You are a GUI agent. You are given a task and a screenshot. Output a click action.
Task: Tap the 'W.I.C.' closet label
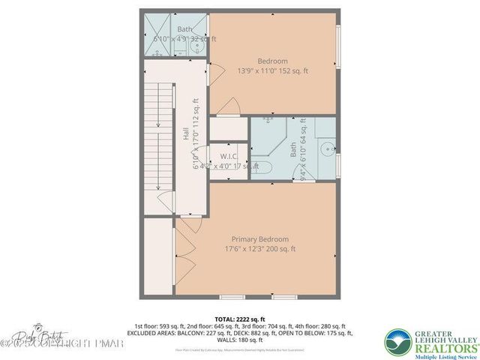pos(228,156)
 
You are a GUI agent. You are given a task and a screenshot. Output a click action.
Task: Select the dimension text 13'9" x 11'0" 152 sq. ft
pos(272,70)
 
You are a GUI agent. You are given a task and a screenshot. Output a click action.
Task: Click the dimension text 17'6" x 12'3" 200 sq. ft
pos(259,249)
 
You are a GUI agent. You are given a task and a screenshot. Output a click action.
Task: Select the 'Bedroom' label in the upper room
pos(272,61)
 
